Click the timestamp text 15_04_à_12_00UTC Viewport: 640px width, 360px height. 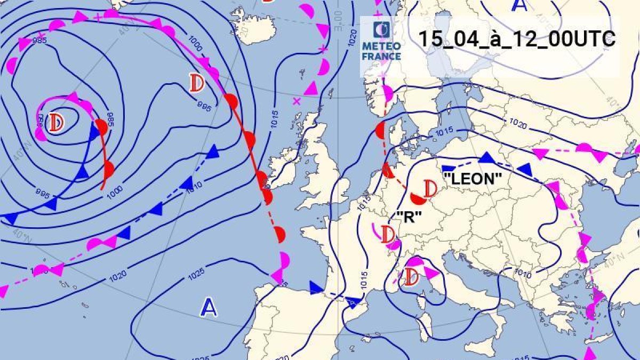pyautogui.click(x=516, y=39)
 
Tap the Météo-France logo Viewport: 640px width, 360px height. pyautogui.click(x=381, y=43)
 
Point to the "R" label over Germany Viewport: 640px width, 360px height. pyautogui.click(x=410, y=216)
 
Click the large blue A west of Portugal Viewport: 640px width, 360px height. pyautogui.click(x=209, y=307)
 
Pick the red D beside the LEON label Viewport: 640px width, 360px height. pyautogui.click(x=430, y=188)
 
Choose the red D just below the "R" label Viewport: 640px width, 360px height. pyautogui.click(x=388, y=234)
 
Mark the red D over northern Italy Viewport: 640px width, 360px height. pyautogui.click(x=411, y=277)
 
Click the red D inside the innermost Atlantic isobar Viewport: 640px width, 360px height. pyautogui.click(x=56, y=123)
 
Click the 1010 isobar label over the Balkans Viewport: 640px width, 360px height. pyautogui.click(x=523, y=274)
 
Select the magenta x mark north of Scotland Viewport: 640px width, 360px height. pyautogui.click(x=297, y=100)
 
